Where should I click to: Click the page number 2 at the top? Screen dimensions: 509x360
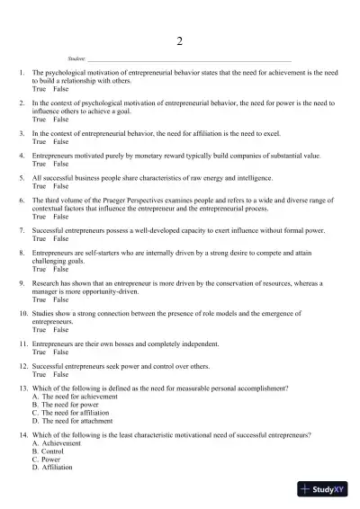coord(180,41)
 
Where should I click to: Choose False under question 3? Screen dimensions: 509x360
coord(60,142)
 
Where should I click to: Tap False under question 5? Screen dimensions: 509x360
coord(60,186)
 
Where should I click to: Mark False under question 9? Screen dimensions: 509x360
coord(60,299)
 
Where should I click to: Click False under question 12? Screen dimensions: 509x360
coord(60,374)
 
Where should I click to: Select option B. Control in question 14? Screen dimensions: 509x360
coord(53,451)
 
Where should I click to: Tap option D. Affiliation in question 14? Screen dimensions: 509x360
coord(57,468)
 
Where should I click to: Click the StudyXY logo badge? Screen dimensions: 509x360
coord(323,489)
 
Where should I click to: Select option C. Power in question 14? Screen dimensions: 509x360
coord(51,460)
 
